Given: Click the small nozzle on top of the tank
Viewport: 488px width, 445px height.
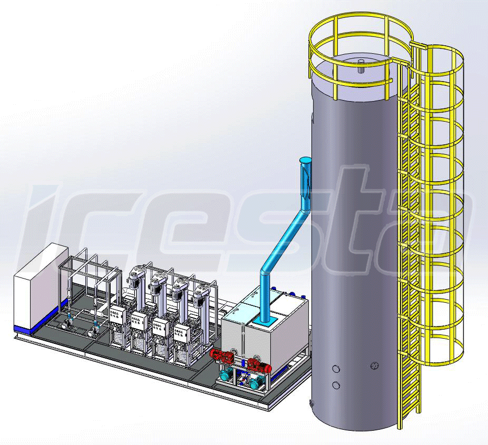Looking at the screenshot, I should [x=362, y=65].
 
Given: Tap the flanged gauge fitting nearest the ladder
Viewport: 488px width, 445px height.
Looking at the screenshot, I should [x=375, y=364].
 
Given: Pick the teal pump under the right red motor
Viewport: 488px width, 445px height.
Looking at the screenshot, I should [x=255, y=383].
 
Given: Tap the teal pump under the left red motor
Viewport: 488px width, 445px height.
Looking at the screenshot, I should [x=226, y=375].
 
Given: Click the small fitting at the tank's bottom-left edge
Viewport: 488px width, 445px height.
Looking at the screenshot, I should [x=310, y=403].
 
